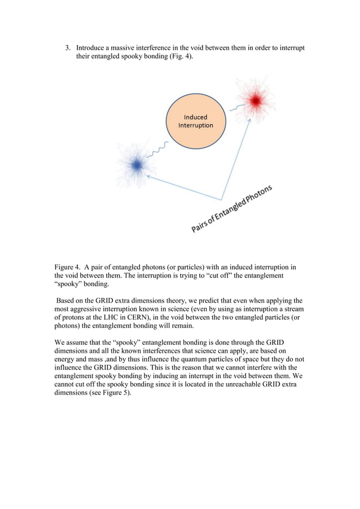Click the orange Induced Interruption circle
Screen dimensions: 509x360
click(195, 121)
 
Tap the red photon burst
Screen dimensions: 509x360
click(255, 101)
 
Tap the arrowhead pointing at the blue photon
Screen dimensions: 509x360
click(148, 176)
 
